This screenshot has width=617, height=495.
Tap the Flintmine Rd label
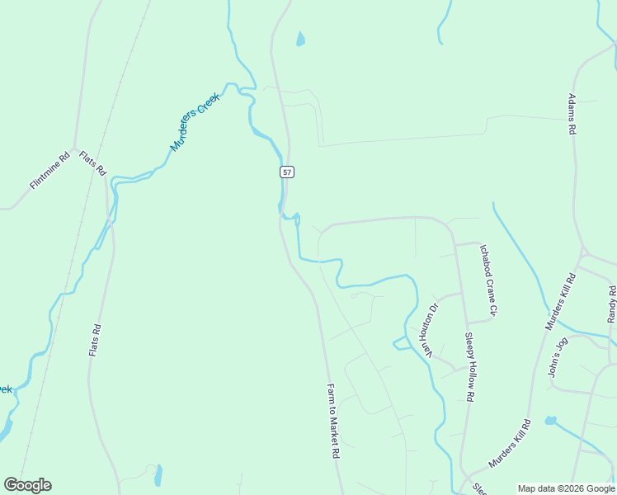click(x=49, y=171)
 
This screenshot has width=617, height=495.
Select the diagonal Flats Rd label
click(x=92, y=163)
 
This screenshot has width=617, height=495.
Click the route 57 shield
click(x=286, y=172)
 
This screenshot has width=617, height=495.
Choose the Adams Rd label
click(x=571, y=113)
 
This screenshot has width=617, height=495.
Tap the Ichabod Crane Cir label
click(x=489, y=280)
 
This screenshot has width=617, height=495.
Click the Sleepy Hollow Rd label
click(x=469, y=366)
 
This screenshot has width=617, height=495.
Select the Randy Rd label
click(x=612, y=304)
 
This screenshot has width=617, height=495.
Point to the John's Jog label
click(x=558, y=356)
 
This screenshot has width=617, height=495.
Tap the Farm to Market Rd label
click(x=332, y=421)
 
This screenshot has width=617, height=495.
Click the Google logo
click(x=27, y=485)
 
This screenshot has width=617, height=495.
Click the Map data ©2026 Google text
click(x=567, y=488)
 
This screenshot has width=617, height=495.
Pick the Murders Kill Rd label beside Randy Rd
click(x=560, y=301)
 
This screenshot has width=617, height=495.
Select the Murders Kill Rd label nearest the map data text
click(x=509, y=444)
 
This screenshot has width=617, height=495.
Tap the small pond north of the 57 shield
click(x=300, y=39)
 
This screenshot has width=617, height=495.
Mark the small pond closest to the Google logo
click(x=158, y=475)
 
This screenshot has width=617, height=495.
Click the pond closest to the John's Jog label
click(x=551, y=421)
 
